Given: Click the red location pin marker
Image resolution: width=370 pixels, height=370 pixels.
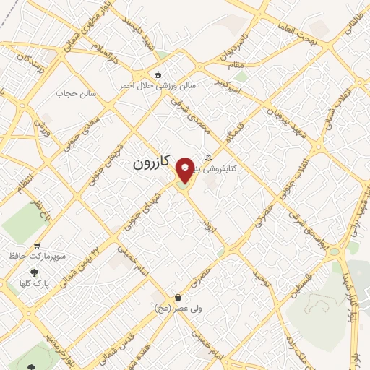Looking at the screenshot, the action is pyautogui.click(x=185, y=170).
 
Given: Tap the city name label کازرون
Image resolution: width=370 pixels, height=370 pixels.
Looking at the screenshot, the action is pyautogui.click(x=150, y=164).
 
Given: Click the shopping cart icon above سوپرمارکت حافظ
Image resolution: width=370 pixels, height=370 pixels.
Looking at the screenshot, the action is pyautogui.click(x=37, y=245).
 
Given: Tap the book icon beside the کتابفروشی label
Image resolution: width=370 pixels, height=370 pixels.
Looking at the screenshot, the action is pyautogui.click(x=209, y=158).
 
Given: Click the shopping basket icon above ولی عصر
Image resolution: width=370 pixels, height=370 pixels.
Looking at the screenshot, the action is pyautogui.click(x=178, y=297).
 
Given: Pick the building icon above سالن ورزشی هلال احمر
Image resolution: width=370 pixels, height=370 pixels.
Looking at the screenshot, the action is pyautogui.click(x=158, y=74).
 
